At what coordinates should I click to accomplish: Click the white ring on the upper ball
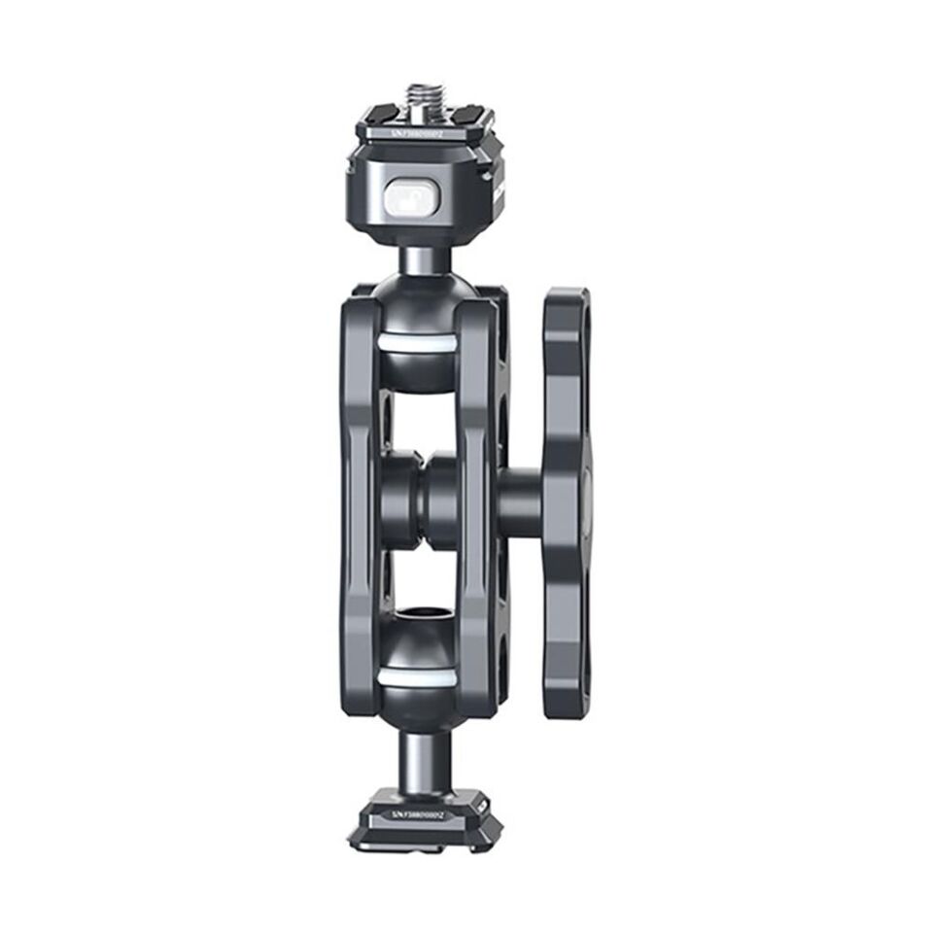(x=417, y=343)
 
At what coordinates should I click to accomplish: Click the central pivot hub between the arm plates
(x=418, y=501)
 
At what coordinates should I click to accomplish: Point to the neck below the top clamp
(x=419, y=259)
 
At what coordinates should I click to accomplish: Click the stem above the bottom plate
(x=420, y=759)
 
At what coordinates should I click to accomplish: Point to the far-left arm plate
(x=359, y=505)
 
